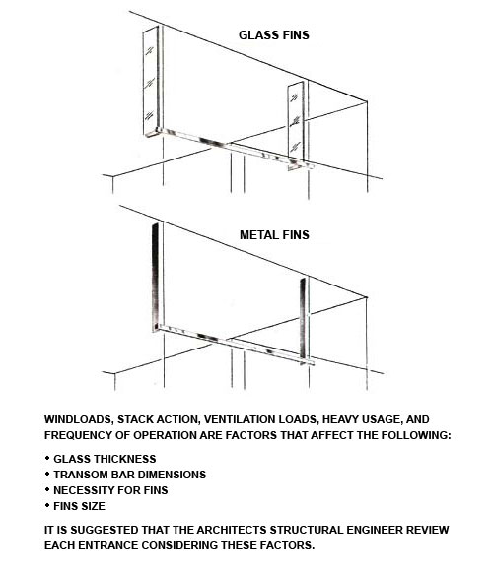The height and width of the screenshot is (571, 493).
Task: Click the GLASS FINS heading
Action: [x=274, y=35]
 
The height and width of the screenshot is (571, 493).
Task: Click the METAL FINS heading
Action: [x=274, y=235]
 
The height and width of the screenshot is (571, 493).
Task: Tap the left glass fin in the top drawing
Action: [x=151, y=81]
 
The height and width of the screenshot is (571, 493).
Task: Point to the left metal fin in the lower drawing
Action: [x=156, y=277]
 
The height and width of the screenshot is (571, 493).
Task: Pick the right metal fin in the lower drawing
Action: [x=303, y=321]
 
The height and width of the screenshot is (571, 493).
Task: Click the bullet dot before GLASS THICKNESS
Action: [x=47, y=458]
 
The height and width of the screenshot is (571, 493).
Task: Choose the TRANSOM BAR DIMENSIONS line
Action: [x=129, y=475]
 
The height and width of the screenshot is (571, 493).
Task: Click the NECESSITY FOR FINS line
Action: [x=110, y=490]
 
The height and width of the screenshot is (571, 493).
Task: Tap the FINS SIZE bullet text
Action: [x=79, y=506]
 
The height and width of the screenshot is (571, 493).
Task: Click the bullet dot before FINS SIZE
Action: [x=47, y=505]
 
